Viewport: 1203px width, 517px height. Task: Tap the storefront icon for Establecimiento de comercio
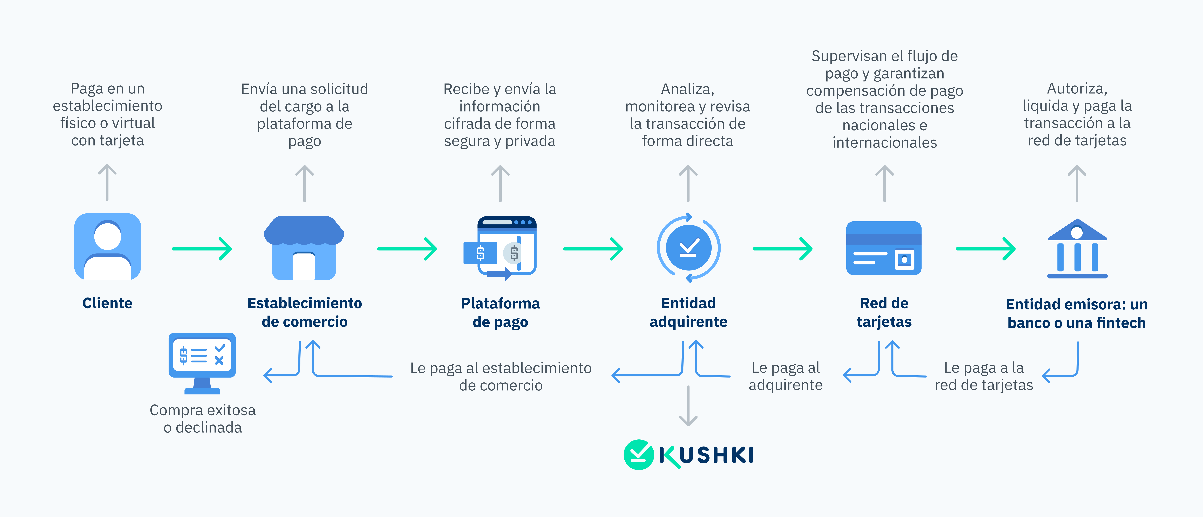tap(304, 248)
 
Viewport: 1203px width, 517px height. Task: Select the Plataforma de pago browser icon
tap(500, 248)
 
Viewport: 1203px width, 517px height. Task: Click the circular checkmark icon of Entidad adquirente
tap(688, 248)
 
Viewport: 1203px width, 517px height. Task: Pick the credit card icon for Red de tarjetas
tap(884, 248)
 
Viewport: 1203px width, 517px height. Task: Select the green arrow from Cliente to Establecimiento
tap(202, 249)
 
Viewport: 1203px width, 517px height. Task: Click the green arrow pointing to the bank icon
tap(985, 249)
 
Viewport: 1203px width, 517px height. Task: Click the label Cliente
tap(107, 303)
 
